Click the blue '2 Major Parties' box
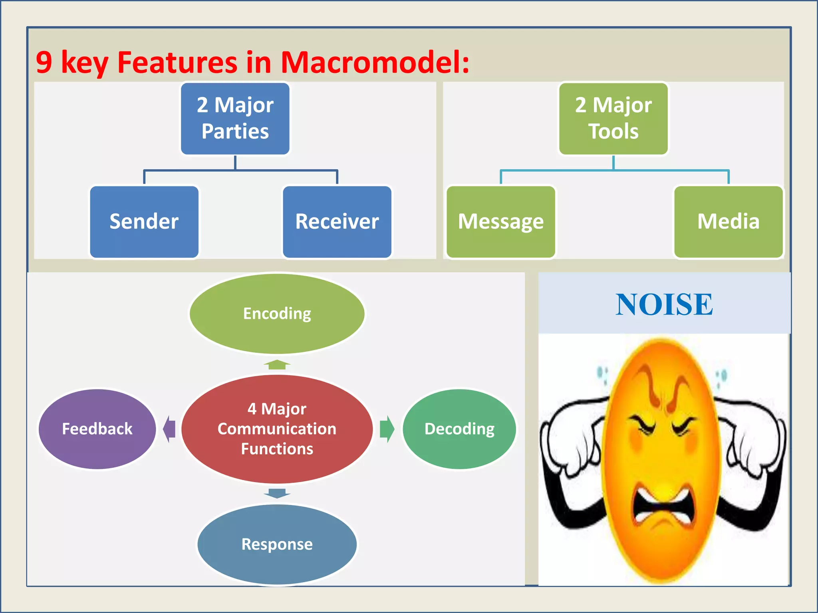pos(235,118)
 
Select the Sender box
pos(144,221)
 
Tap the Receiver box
pos(337,221)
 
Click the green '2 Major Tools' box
pos(613,118)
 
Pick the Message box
pos(500,221)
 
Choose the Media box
pos(728,221)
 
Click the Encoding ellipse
pos(277,313)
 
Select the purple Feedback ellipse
pos(97,429)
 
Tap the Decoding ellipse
pos(459,429)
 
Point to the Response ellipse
pos(277,544)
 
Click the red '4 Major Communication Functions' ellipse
pos(277,429)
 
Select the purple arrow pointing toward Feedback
pos(169,429)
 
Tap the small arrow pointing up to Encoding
pos(277,364)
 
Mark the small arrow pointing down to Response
pos(277,493)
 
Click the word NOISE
pos(664,305)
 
